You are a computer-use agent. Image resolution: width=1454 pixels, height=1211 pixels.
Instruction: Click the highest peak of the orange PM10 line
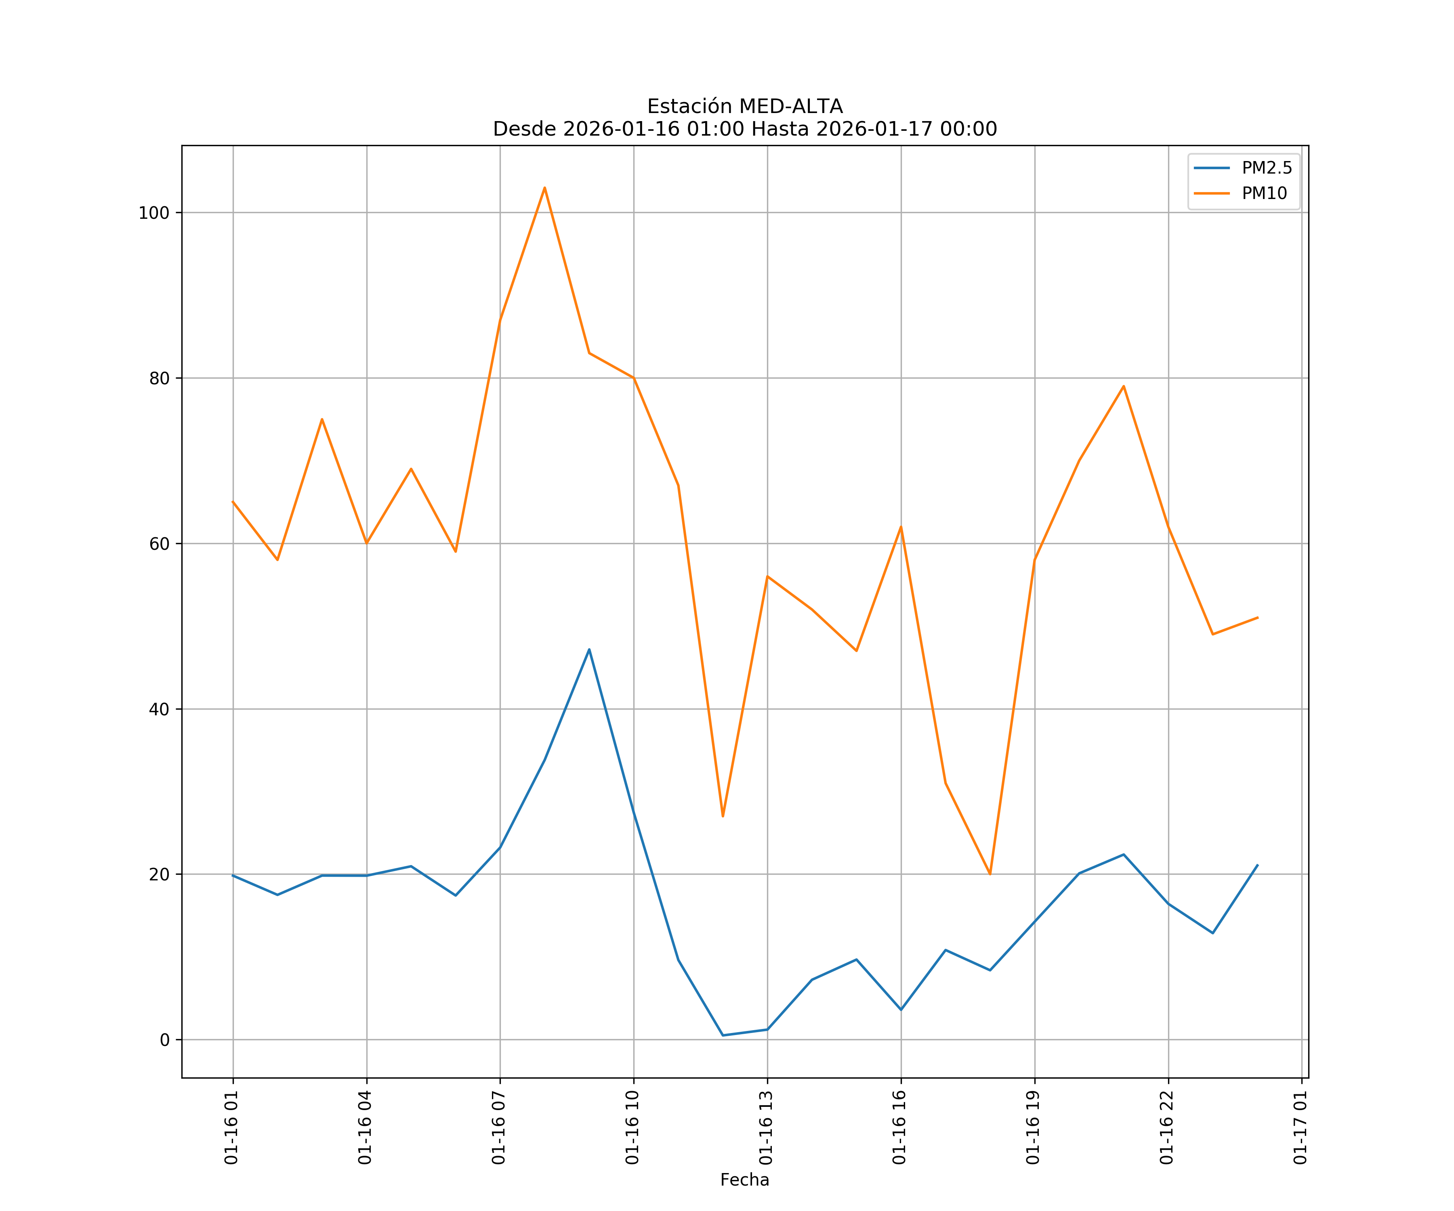[545, 188]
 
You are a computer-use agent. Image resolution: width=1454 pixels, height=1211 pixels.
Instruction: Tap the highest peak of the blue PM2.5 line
[589, 649]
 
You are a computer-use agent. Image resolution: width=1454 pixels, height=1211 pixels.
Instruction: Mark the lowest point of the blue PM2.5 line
[723, 1035]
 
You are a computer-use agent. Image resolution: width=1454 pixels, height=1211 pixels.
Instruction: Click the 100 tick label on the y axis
[154, 213]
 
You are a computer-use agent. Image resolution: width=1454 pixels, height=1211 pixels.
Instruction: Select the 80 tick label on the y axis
[159, 379]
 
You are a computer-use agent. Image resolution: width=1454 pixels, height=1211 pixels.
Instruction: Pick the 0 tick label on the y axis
[165, 1040]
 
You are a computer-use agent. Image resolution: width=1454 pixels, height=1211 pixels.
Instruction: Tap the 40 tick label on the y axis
[159, 709]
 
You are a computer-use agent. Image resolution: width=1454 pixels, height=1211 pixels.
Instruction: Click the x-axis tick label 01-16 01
[232, 1128]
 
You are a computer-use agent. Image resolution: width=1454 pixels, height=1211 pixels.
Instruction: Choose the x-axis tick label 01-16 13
[766, 1128]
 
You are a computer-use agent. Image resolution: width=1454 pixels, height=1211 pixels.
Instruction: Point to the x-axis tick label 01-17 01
[1300, 1128]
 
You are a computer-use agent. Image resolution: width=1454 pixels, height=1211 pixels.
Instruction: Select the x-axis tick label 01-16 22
[1167, 1128]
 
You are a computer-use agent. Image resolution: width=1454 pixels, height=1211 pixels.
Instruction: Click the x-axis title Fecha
[744, 1180]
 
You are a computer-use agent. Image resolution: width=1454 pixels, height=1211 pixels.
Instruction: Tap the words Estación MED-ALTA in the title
[744, 107]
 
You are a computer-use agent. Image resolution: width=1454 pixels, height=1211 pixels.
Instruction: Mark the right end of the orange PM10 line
[1257, 617]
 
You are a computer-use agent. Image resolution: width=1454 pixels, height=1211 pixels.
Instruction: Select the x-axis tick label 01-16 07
[498, 1128]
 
